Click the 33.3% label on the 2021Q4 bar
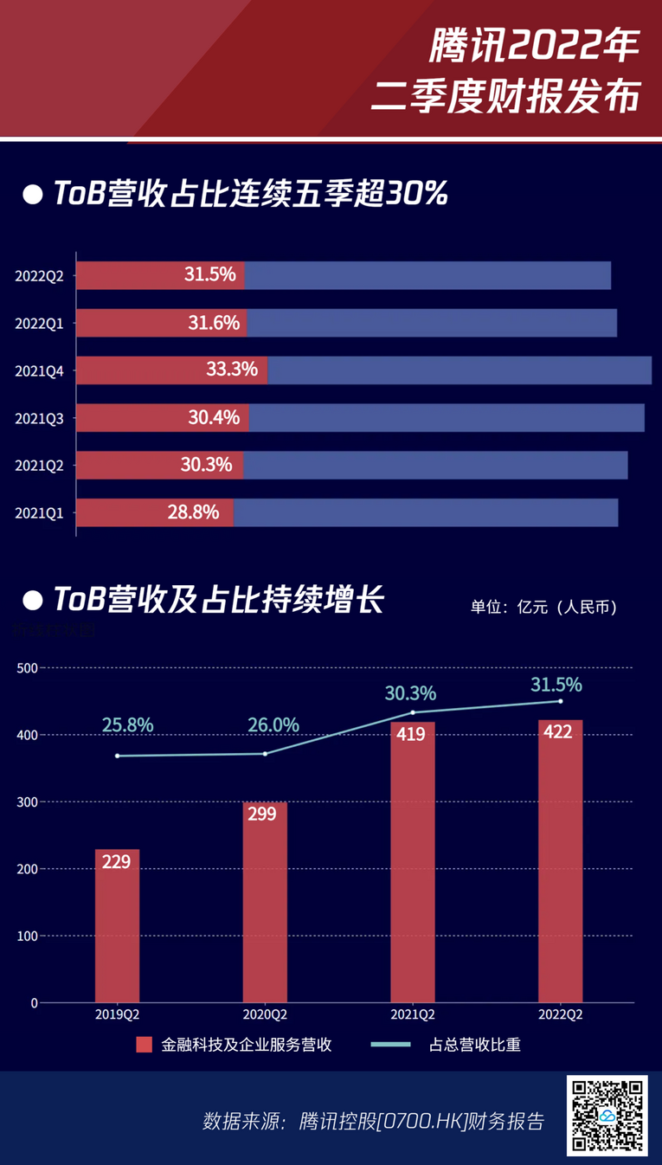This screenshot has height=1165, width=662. tap(232, 370)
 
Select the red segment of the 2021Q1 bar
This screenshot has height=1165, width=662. tap(155, 512)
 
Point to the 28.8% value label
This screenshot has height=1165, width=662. tap(193, 512)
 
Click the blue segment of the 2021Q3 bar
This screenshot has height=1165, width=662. tap(447, 418)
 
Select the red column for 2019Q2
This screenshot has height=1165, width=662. tap(117, 926)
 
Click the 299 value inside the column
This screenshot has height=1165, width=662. tap(261, 814)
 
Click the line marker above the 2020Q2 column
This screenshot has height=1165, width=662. tap(265, 754)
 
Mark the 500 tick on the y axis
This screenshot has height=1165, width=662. tap(28, 668)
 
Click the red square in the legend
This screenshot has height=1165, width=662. tap(144, 1045)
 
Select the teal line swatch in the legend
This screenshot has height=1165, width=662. tap(391, 1045)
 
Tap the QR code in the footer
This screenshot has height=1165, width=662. tap(607, 1116)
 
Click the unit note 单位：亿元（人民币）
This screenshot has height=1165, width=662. tap(543, 607)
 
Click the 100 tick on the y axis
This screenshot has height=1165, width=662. tap(28, 936)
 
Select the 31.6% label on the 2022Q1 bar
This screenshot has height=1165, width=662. tap(214, 323)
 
